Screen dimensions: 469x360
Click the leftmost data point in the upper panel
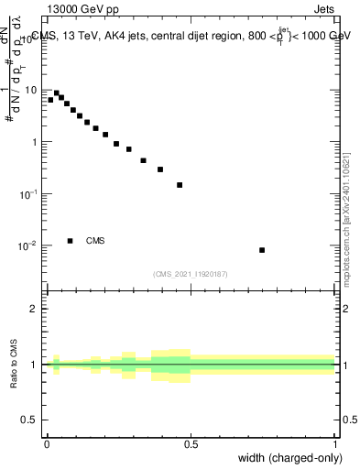click(50, 100)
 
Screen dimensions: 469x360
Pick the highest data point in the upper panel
click(56, 93)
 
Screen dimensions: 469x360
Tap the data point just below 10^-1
click(180, 185)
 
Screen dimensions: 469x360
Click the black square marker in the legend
click(71, 241)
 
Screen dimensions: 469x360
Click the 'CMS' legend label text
click(95, 241)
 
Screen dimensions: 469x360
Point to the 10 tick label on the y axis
click(32, 91)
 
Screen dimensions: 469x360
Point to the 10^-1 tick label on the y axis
click(30, 194)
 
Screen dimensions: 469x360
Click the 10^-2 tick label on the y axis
click(30, 246)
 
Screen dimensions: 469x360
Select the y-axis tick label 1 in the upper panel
click(35, 143)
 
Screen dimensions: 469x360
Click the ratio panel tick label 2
click(35, 309)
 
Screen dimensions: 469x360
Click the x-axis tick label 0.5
click(191, 444)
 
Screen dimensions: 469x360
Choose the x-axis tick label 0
click(47, 444)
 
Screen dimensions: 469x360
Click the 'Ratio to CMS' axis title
click(14, 364)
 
